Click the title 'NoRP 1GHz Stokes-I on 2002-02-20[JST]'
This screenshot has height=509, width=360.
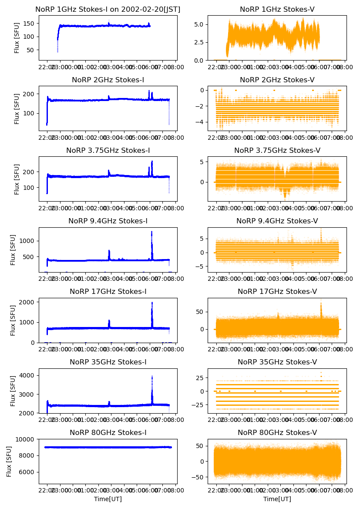coord(108,9)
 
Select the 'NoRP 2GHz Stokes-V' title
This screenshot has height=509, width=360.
coord(277,80)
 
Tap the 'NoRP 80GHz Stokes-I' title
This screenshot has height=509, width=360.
coord(108,432)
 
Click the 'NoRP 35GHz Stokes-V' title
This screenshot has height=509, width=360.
coord(277,362)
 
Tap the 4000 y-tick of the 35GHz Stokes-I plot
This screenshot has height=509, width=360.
coord(29,375)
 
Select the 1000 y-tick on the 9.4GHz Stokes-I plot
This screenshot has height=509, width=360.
coord(29,241)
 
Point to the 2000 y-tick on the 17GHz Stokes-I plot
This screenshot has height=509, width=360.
coord(29,302)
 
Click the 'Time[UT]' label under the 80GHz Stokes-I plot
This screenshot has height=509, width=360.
coord(108,499)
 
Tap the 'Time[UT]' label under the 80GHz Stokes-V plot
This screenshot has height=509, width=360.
coord(277,499)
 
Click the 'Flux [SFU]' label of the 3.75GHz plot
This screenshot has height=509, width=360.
coord(17,179)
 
